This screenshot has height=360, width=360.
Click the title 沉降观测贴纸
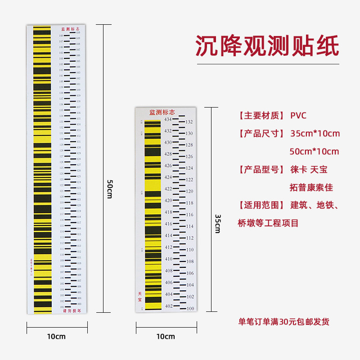[x=267, y=45]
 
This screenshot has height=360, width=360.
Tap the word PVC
[x=298, y=116]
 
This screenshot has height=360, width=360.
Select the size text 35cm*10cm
[x=315, y=134]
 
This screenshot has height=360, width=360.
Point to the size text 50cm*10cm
[x=315, y=151]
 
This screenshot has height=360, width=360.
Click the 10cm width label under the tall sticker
[x=57, y=336]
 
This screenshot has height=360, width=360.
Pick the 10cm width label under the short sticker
[x=166, y=336]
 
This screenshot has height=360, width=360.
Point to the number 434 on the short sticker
[x=168, y=119]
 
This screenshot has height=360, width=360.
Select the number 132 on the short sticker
[x=189, y=121]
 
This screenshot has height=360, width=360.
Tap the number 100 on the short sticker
[x=190, y=308]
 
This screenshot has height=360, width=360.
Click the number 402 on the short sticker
[x=168, y=306]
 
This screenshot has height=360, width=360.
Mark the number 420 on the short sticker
[x=168, y=201]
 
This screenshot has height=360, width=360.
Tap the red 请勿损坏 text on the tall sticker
[x=69, y=310]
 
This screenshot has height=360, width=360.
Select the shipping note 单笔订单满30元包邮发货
[x=283, y=322]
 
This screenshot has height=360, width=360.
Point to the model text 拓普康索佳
[x=311, y=187]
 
